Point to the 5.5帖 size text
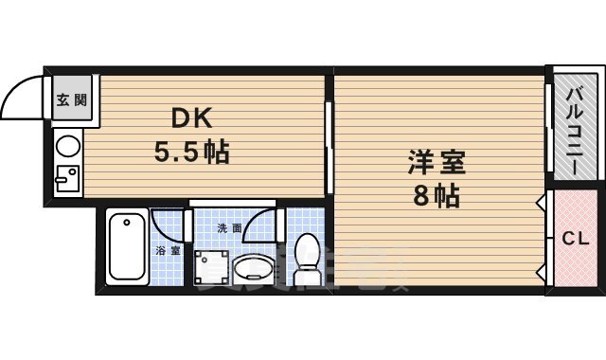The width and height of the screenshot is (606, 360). (x=192, y=151)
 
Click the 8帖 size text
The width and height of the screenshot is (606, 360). (x=437, y=196)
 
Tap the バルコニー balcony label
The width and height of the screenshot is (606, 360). (x=575, y=129)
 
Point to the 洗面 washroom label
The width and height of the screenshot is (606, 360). (x=230, y=228)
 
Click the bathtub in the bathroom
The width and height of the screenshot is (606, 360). (x=127, y=247)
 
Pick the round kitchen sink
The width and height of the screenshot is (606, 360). (x=67, y=146)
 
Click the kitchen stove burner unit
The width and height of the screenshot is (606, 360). (x=66, y=178)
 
